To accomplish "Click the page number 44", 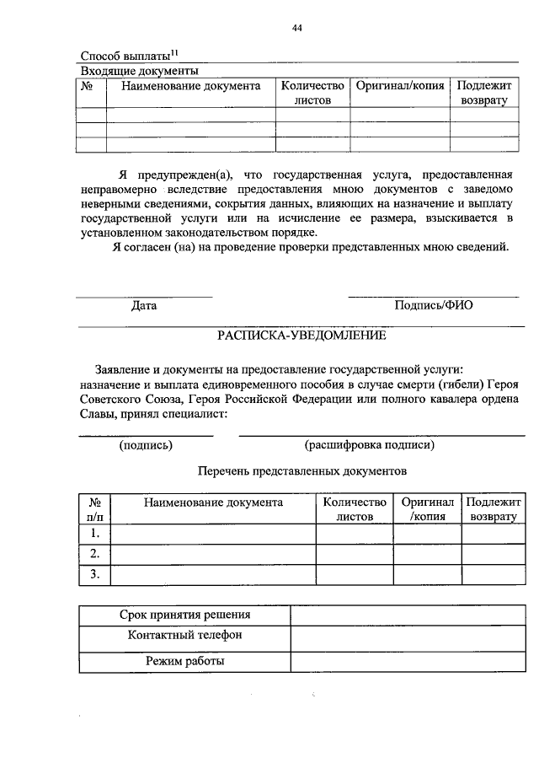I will point(296,28).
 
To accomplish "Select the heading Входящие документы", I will point(138,71).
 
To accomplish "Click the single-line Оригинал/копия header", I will point(400,86).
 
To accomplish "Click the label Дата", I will point(144,305).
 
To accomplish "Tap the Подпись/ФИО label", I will point(434,305).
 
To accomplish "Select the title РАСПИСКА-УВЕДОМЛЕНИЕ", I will point(302,335).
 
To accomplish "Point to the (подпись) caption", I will point(147,444).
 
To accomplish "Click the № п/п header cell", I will point(95,509).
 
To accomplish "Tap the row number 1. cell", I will point(95,534).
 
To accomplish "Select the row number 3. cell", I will point(95,574).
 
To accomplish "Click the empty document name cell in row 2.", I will point(213,554).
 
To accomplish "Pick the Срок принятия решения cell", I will point(184,615).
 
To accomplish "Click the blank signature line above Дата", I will point(144,295).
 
